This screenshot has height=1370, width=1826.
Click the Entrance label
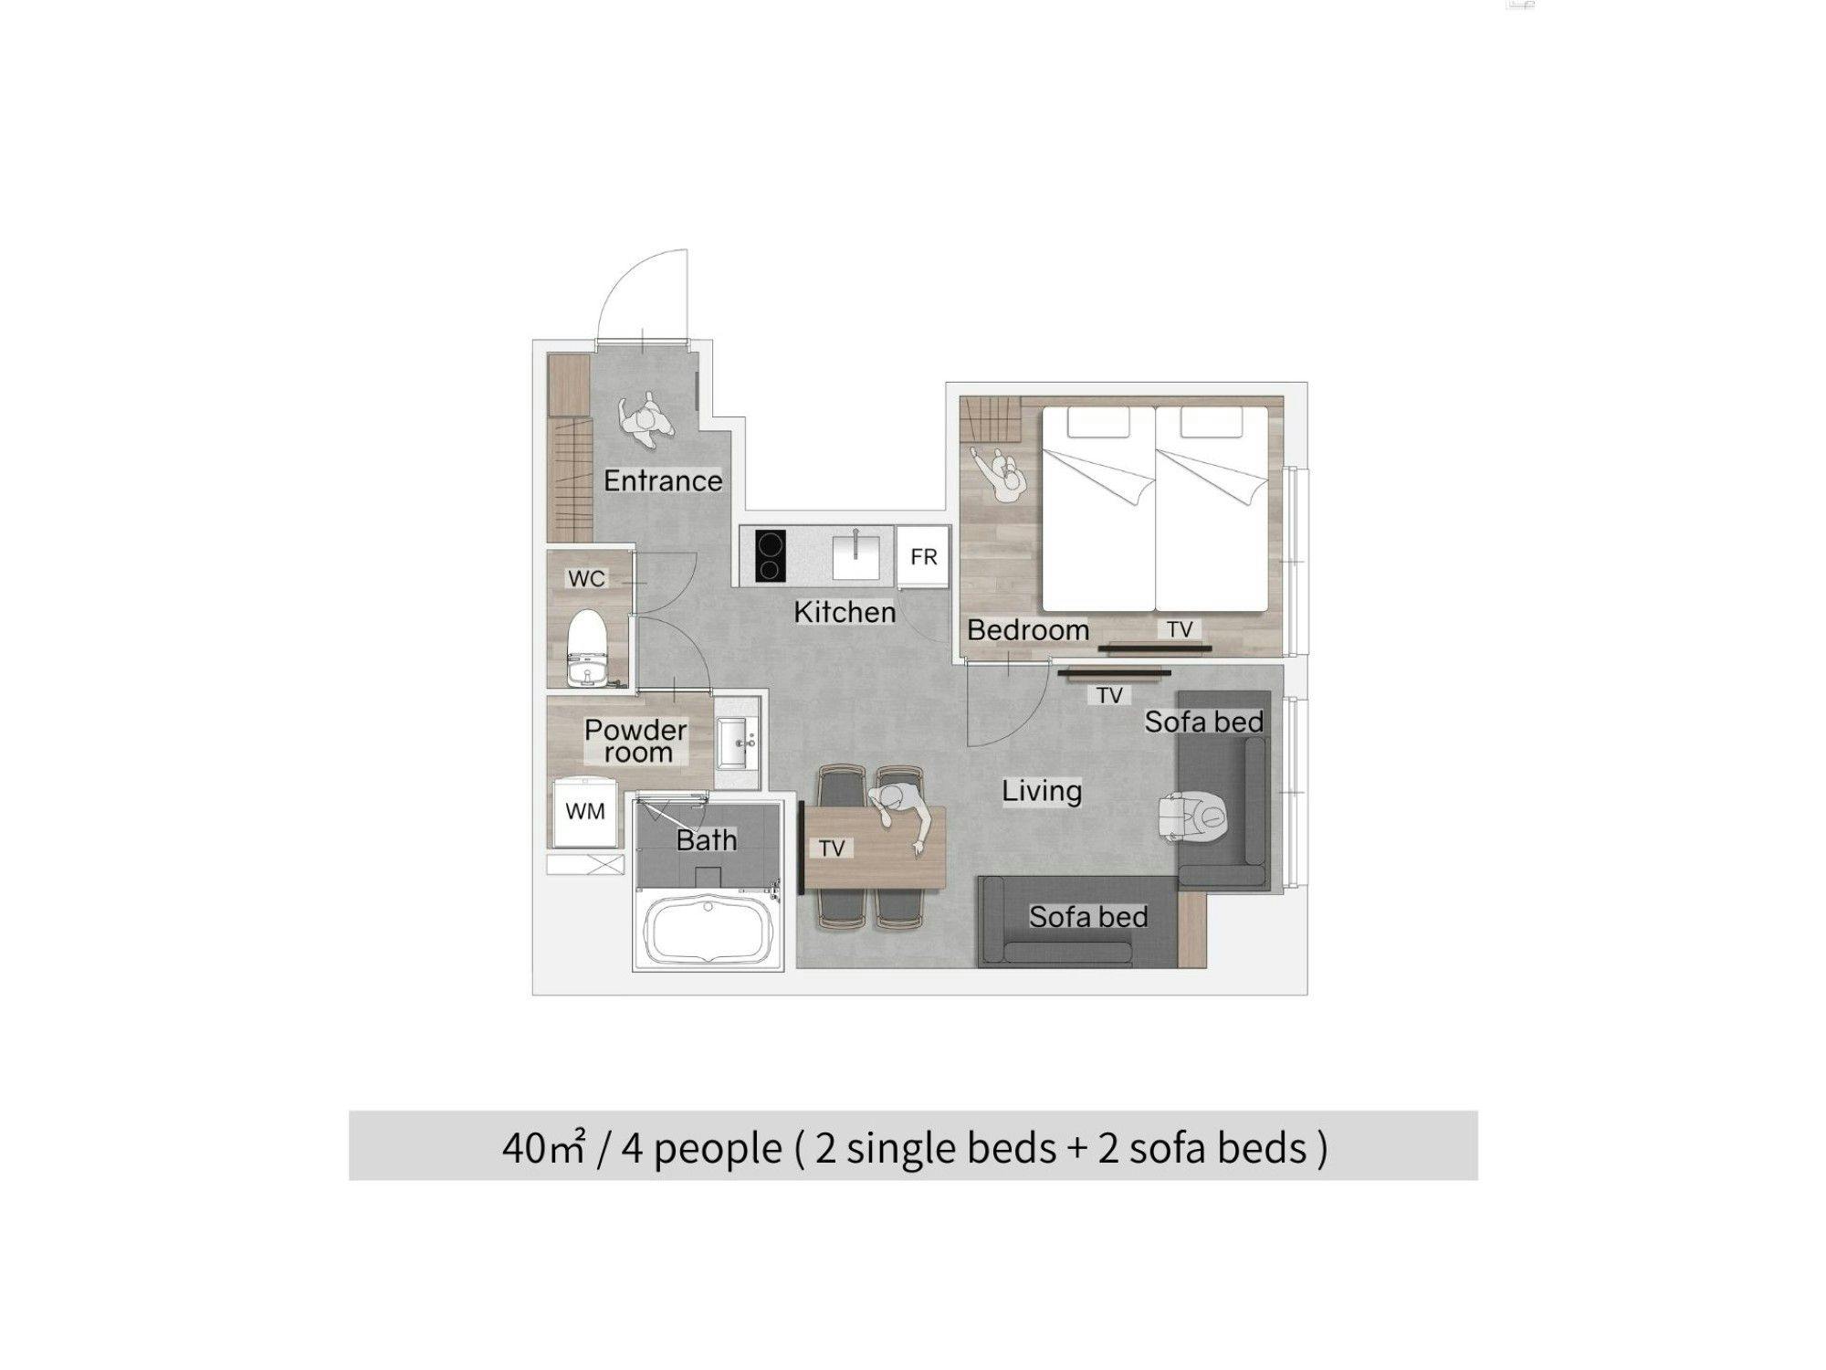click(663, 480)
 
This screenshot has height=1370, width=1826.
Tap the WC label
click(586, 578)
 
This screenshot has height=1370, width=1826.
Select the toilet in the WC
click(587, 647)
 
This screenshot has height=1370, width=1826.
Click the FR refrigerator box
click(923, 557)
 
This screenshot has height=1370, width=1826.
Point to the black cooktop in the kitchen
click(771, 556)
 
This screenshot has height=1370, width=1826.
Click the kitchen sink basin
click(856, 557)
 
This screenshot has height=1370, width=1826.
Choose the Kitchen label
click(845, 612)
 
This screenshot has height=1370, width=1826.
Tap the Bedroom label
click(1028, 629)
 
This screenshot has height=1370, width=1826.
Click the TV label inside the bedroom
click(1180, 629)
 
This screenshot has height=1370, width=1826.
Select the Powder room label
click(636, 741)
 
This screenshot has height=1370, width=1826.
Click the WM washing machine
click(584, 811)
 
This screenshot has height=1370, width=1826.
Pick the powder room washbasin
click(738, 743)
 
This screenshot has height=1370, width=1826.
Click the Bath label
click(707, 840)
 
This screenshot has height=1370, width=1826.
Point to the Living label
click(1042, 791)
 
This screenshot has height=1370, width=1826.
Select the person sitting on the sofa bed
click(1195, 817)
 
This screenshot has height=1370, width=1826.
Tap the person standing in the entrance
click(646, 421)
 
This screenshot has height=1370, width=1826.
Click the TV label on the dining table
click(831, 848)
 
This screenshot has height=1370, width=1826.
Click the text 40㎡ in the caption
click(542, 1148)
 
